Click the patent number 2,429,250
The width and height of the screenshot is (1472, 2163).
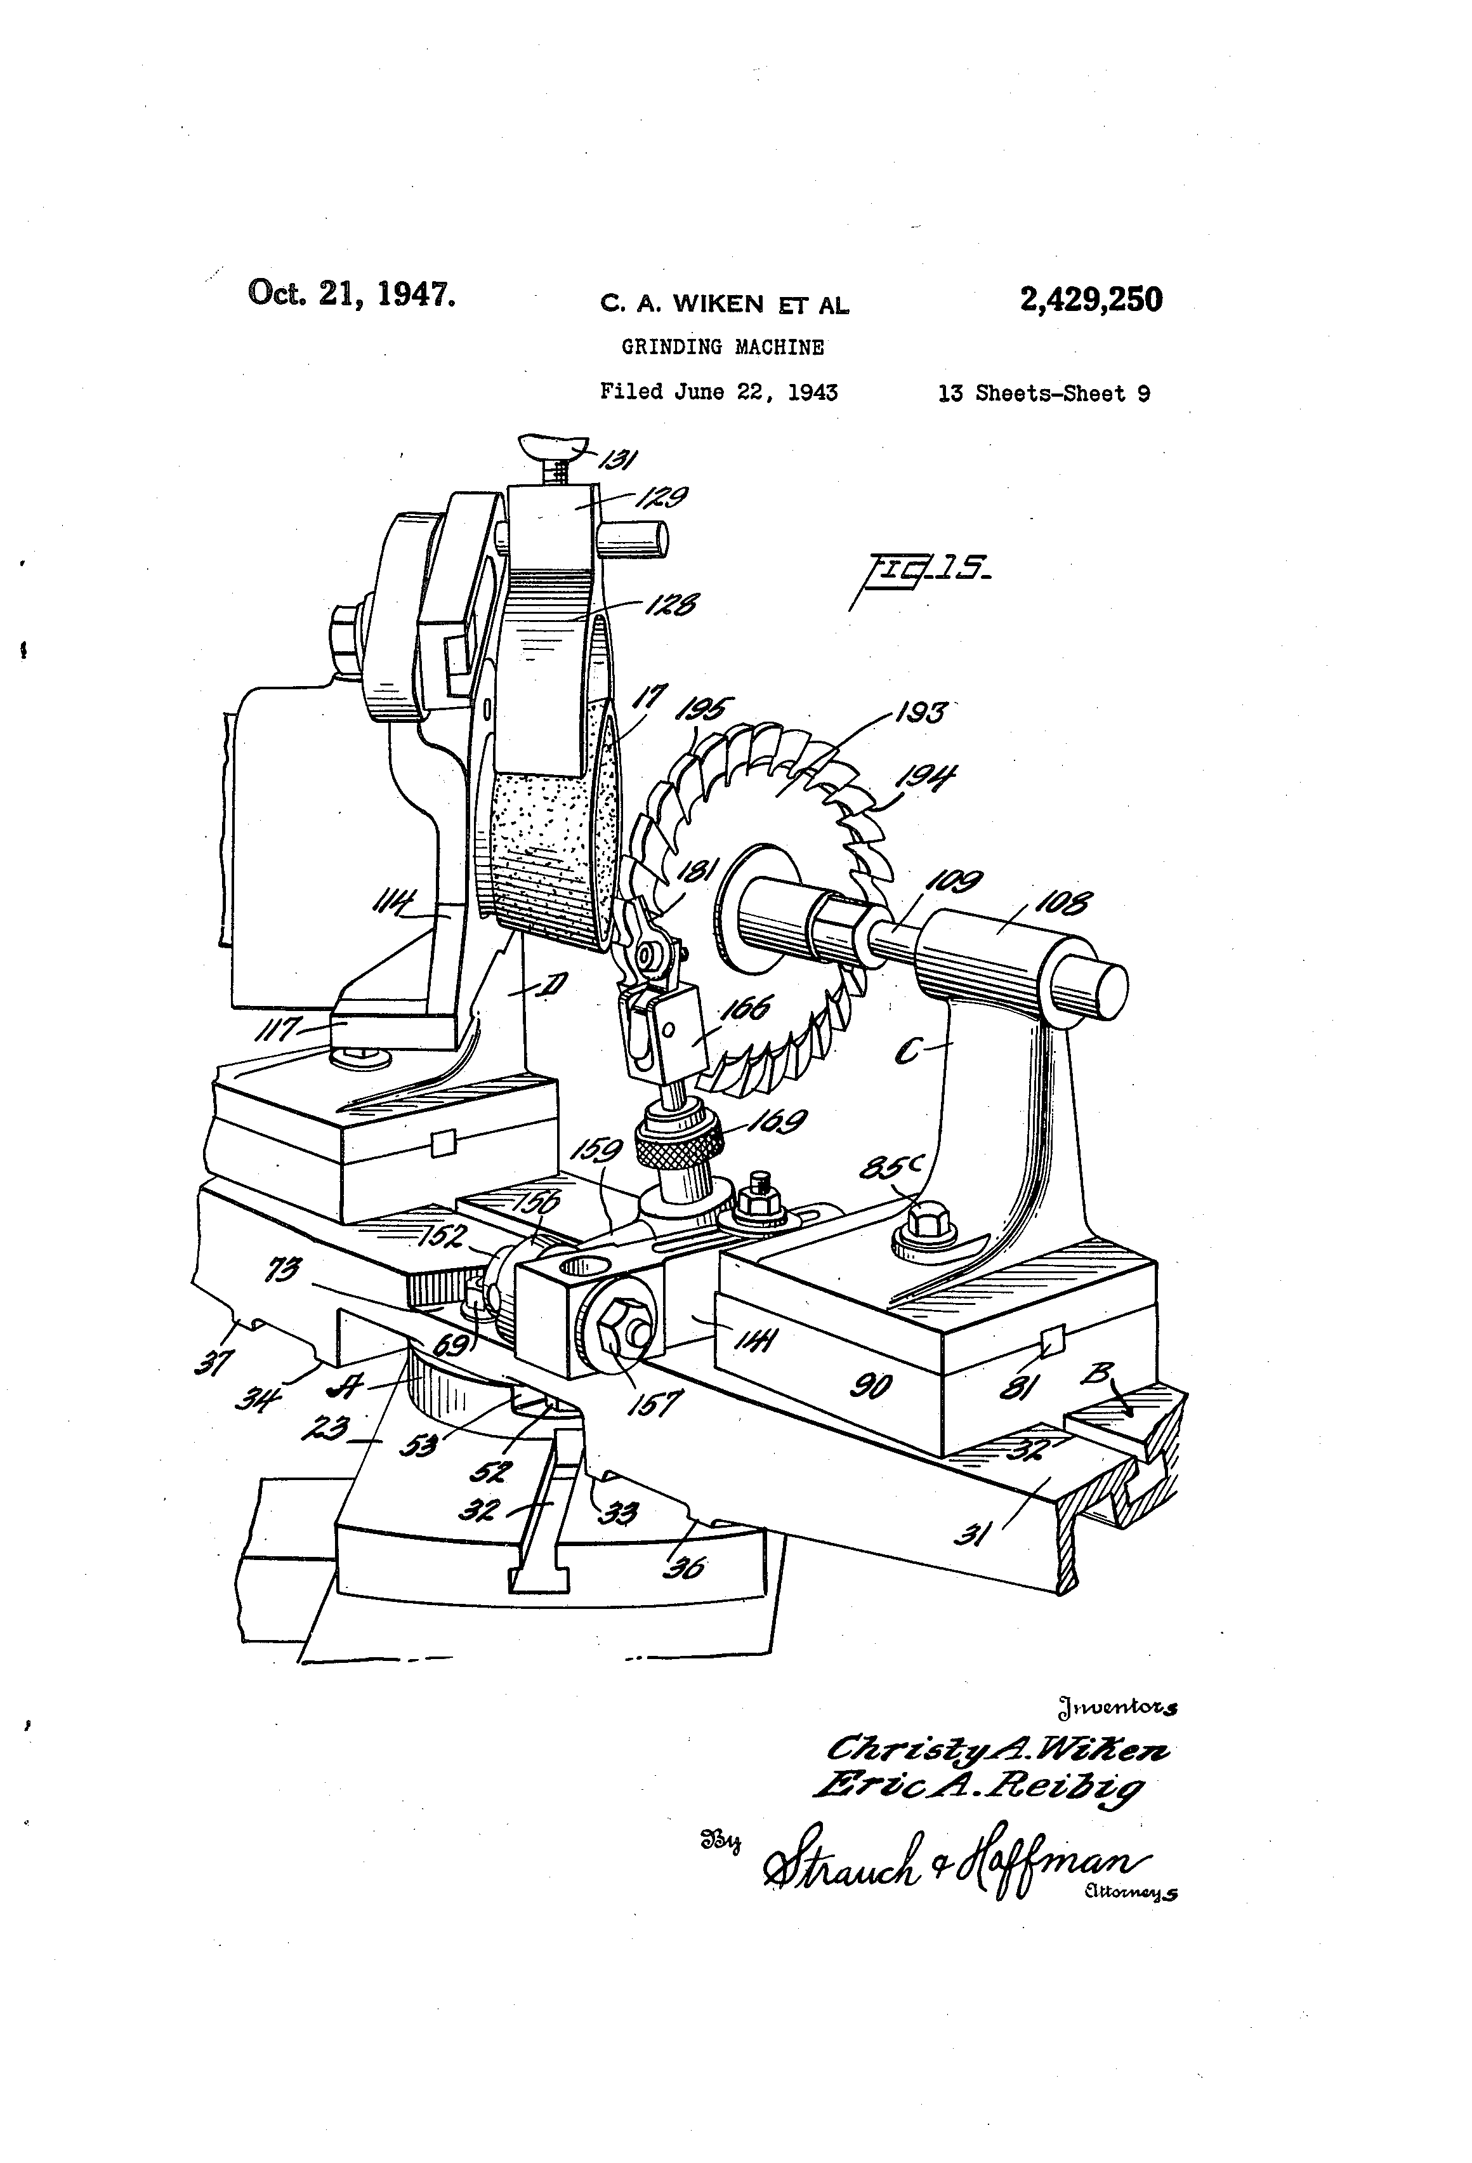(x=1091, y=300)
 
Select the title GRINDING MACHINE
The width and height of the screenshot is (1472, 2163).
(x=722, y=347)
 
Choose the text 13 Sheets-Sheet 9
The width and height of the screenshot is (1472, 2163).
(x=1043, y=394)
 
